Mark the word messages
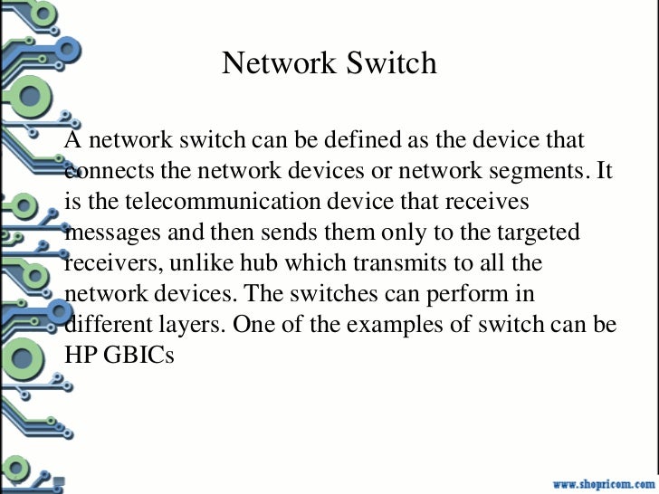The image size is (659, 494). coord(115,233)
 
